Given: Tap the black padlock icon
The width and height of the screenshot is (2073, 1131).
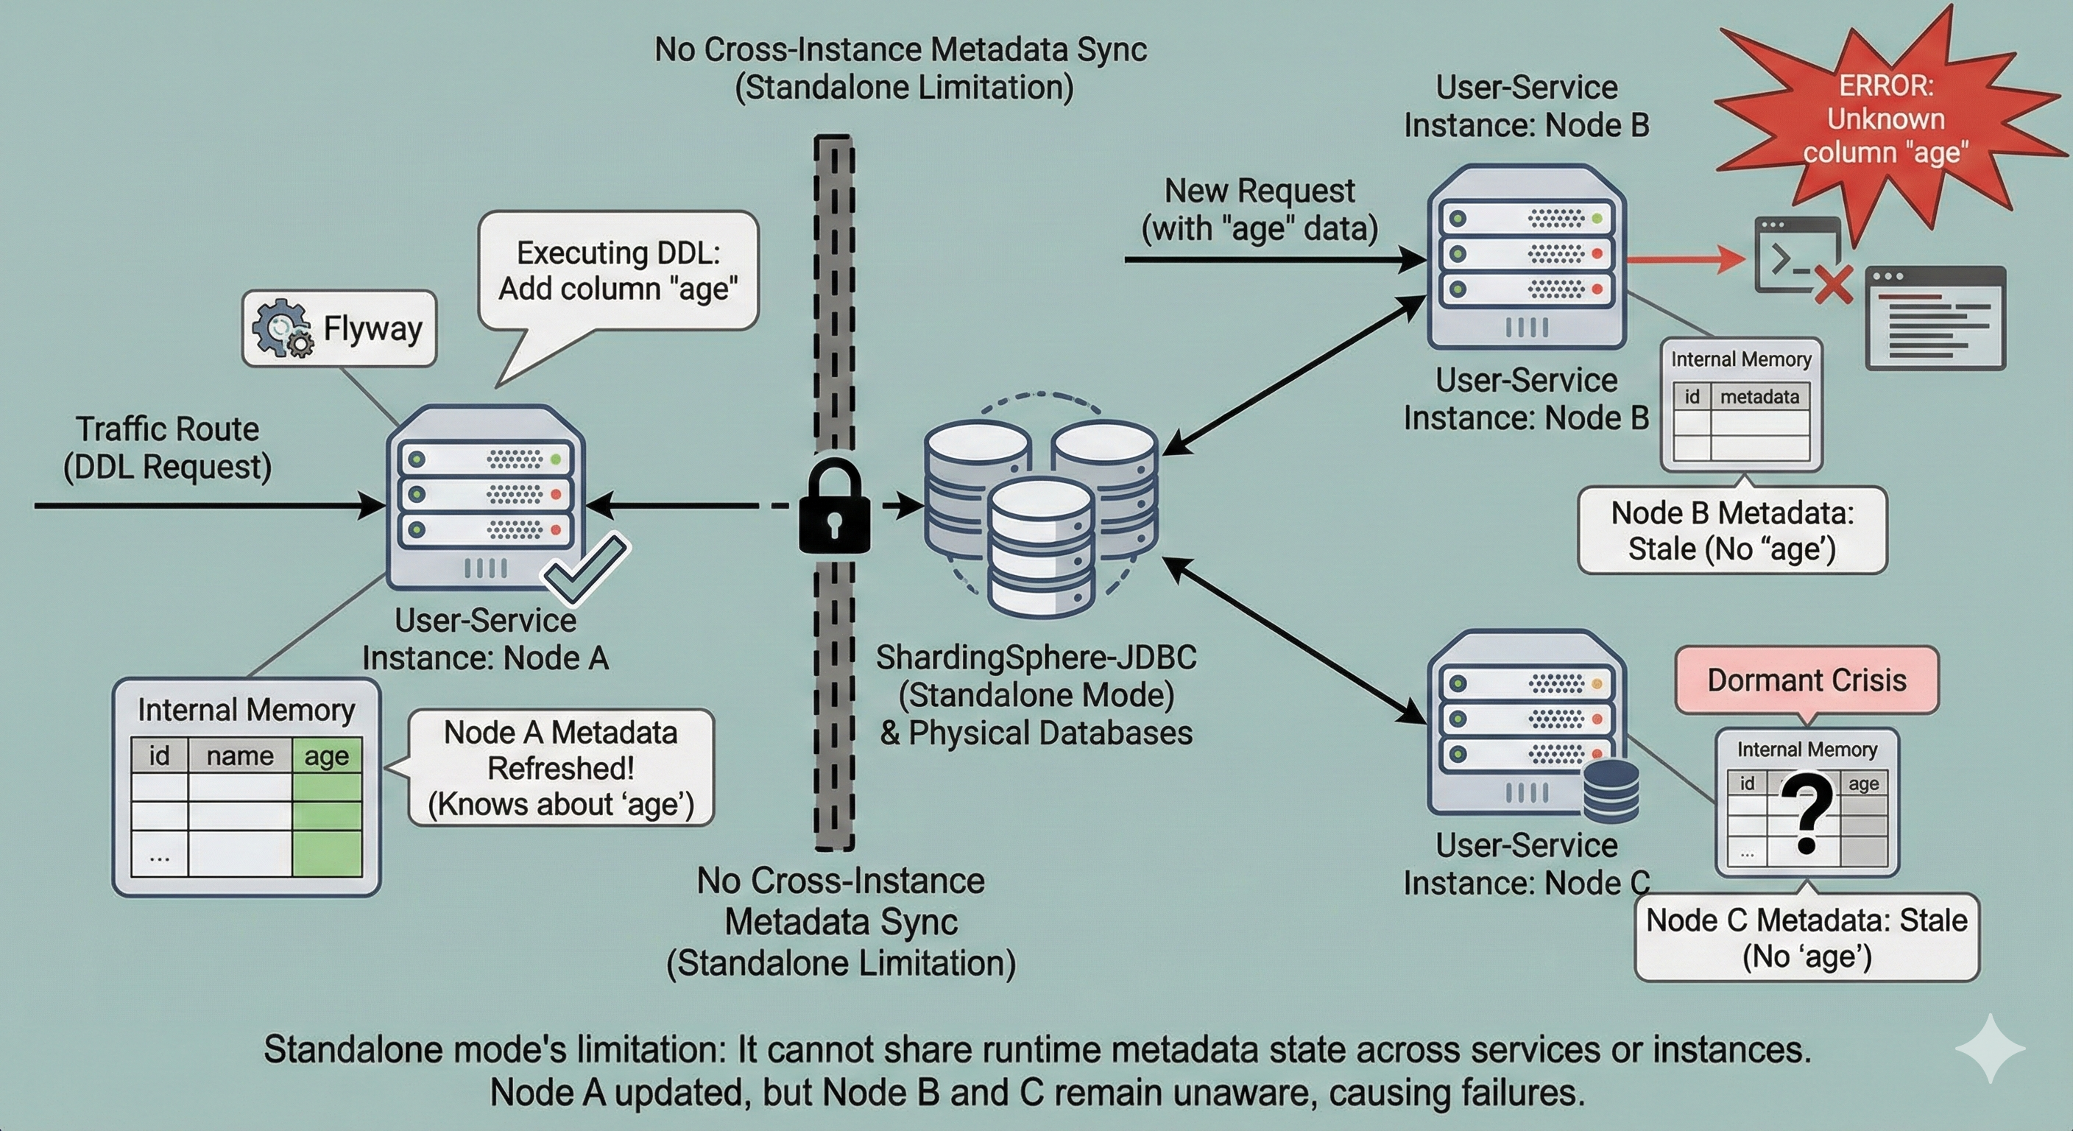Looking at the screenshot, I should tap(834, 507).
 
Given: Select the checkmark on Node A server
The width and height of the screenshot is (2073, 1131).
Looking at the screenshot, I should tap(586, 568).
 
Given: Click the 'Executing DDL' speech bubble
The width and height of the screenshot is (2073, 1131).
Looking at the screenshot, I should tap(618, 270).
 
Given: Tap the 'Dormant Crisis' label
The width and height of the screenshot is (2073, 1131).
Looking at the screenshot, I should tap(1807, 680).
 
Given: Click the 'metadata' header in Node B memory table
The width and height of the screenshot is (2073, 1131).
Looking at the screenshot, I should tap(1759, 397).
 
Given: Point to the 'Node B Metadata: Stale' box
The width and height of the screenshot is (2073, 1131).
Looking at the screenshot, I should tap(1731, 530).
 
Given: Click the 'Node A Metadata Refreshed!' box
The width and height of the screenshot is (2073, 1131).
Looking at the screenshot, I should tap(561, 768).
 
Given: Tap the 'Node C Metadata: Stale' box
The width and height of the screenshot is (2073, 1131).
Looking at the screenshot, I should tap(1807, 938).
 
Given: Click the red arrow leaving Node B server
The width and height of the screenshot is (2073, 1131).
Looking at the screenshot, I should tap(1682, 260).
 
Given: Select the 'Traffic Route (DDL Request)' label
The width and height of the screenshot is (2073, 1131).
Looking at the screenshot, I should tap(167, 448).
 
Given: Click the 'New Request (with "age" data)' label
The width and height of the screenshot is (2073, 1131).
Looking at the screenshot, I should tap(1260, 209).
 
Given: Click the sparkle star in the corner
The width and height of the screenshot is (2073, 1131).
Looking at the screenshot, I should tap(1989, 1048).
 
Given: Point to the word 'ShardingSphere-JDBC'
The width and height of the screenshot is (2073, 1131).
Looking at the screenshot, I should tap(1036, 658).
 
